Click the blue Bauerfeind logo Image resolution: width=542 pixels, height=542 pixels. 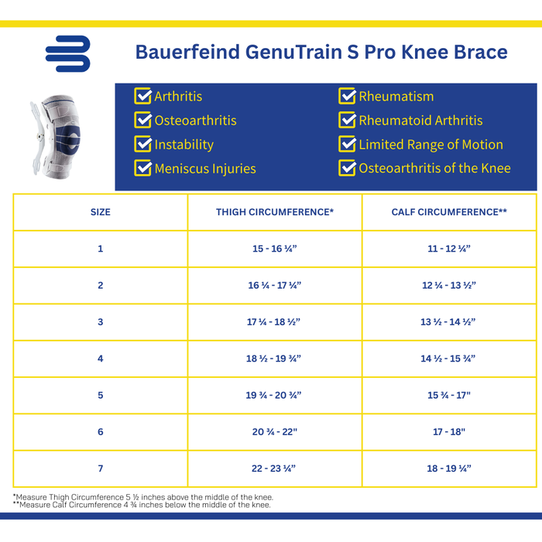[x=67, y=53]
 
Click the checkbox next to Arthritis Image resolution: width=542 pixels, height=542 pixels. [x=142, y=96]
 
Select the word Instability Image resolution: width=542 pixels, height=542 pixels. [x=184, y=145]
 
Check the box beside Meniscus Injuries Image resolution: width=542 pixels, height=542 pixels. [x=142, y=168]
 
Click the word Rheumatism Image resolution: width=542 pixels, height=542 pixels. [x=396, y=97]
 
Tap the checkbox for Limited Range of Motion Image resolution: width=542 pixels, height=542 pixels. [x=347, y=145]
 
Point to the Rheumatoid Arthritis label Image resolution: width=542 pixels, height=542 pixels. [x=420, y=121]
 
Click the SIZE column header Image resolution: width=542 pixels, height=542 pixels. [x=101, y=212]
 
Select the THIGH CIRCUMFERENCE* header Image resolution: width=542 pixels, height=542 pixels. [x=275, y=212]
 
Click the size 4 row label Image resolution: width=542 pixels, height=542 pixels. [x=101, y=358]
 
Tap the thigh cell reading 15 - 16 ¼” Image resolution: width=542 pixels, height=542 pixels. [x=275, y=249]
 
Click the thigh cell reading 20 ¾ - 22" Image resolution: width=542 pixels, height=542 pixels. [x=275, y=431]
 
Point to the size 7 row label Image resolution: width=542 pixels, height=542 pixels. [x=101, y=468]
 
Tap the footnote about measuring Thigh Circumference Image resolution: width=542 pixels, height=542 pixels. [x=143, y=497]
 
